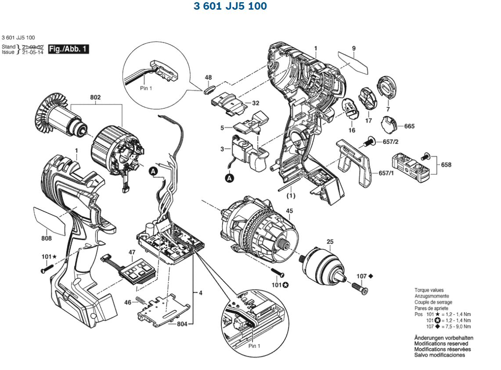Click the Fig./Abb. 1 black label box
click(x=68, y=49)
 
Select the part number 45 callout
click(x=289, y=211)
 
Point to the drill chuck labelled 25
click(x=324, y=264)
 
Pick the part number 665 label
click(x=409, y=126)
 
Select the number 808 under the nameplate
click(x=46, y=238)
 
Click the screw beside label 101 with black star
click(x=46, y=269)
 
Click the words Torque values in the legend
click(x=429, y=290)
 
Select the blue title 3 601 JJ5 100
click(x=230, y=7)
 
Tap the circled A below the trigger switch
click(x=229, y=178)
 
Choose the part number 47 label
click(x=132, y=253)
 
